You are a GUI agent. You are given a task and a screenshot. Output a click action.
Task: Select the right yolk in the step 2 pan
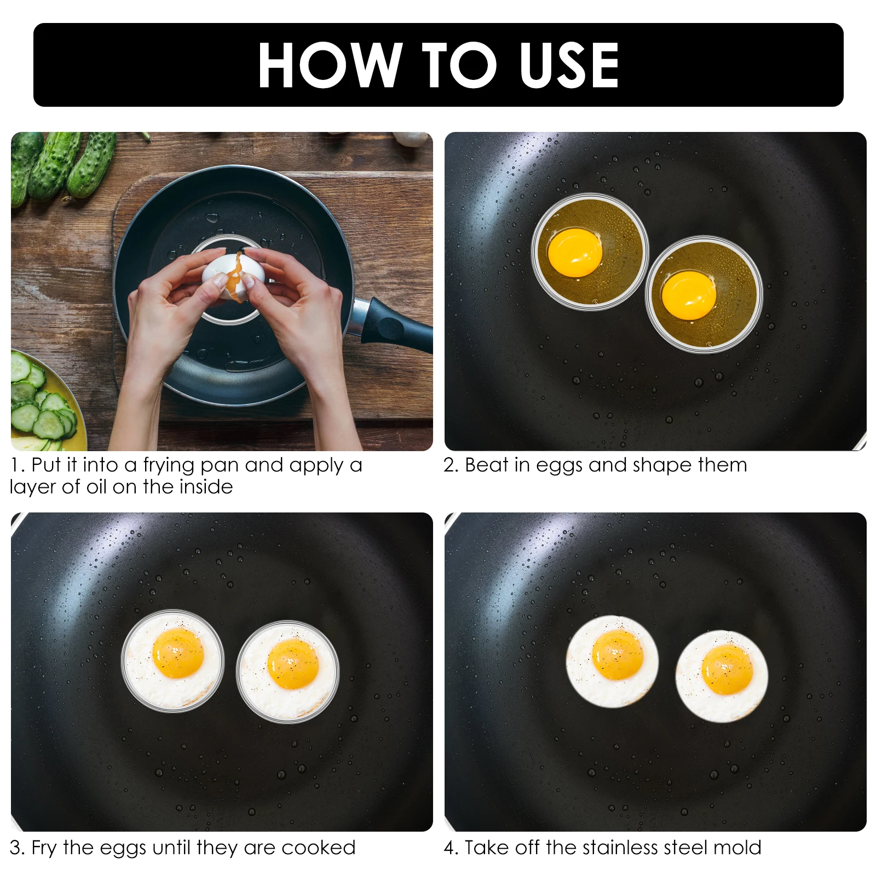tap(689, 295)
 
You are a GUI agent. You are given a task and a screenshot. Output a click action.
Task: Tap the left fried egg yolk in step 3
tap(178, 653)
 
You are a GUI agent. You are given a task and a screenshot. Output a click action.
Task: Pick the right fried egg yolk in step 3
tap(293, 664)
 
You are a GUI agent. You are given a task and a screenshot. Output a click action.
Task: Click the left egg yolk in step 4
tap(618, 655)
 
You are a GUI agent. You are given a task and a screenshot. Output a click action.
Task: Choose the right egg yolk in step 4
tap(727, 669)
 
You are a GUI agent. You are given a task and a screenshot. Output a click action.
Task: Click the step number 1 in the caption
tap(16, 465)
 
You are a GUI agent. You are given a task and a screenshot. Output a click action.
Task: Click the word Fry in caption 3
tap(44, 848)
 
